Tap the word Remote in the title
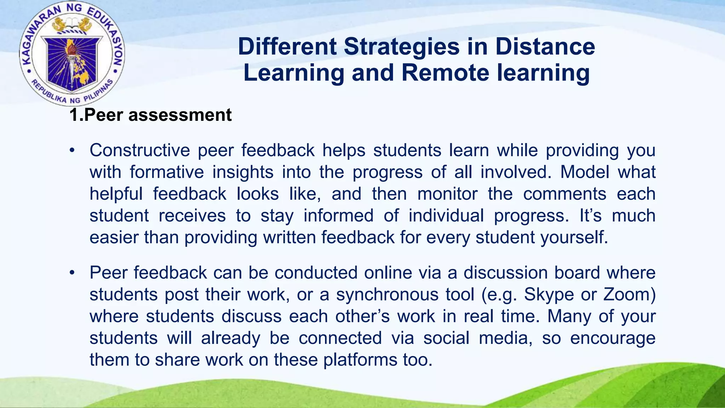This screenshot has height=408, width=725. point(445,73)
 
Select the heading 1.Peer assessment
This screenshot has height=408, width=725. point(150,115)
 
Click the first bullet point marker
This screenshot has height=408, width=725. point(72,151)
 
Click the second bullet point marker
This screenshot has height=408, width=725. point(72,273)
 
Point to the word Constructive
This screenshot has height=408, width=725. point(140,150)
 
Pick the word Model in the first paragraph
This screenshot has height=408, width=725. point(584,172)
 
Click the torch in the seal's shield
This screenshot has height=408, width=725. point(72,58)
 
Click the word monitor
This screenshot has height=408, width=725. point(447,194)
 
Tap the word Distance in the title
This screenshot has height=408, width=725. point(545,47)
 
